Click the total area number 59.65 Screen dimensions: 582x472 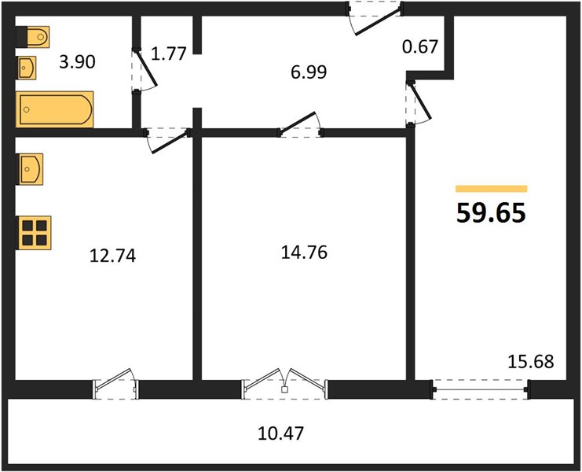tap(491, 213)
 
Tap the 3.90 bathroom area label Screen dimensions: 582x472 tap(77, 61)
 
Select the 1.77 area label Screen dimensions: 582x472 tap(169, 53)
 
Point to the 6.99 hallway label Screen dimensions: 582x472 tap(309, 72)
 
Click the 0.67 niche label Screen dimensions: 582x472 tap(420, 47)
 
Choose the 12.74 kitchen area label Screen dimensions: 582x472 tap(113, 256)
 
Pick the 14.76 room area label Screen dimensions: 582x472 tap(305, 253)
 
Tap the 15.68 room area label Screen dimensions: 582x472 tap(531, 361)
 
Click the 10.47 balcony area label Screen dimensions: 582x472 tap(281, 433)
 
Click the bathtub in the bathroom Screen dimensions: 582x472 tap(54, 109)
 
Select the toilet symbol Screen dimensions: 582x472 tap(33, 37)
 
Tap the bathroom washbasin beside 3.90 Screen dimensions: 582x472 tap(27, 68)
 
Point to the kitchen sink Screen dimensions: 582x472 tap(30, 169)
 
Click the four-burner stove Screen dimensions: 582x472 tap(34, 233)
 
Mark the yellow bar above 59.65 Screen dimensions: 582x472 tap(492, 189)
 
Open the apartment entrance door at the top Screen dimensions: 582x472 tap(375, 18)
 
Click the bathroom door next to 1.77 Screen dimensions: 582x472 tap(145, 70)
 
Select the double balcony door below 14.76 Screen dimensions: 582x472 tap(284, 384)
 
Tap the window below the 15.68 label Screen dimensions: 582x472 tap(481, 389)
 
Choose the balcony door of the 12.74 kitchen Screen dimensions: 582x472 tap(115, 384)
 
